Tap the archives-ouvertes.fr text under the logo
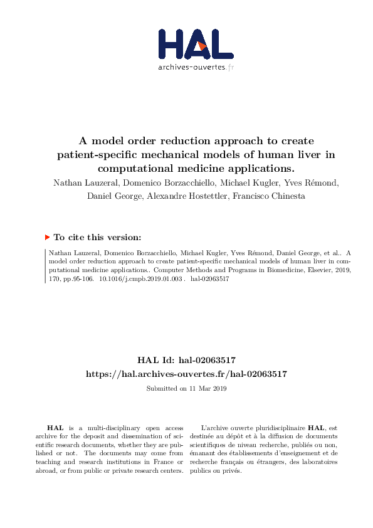(x=196, y=68)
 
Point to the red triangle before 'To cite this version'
(x=47, y=237)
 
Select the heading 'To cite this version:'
(x=97, y=237)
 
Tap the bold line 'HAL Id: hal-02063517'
(x=186, y=361)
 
